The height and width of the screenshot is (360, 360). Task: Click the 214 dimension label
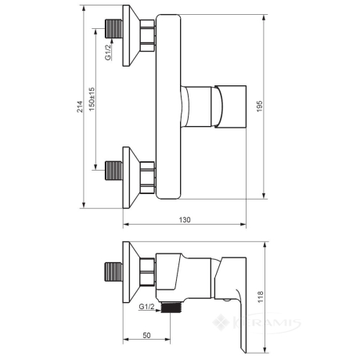point(79,106)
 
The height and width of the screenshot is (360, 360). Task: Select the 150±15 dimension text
point(92,99)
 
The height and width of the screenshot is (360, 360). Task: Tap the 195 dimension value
point(260,106)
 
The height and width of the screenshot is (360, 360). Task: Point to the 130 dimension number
point(185,220)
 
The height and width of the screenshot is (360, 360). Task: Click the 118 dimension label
point(261,297)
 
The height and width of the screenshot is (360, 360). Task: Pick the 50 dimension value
point(146,335)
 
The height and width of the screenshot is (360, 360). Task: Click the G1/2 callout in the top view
point(108,52)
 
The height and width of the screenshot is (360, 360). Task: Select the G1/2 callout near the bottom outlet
point(146,307)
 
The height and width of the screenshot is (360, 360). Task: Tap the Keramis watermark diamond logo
point(221,322)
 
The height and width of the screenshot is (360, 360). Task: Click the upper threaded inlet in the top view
point(113,29)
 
